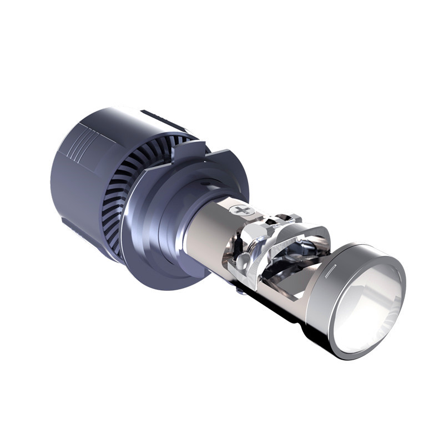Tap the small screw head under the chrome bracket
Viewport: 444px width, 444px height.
point(239,289)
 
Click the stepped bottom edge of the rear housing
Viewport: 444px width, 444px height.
point(83,233)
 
